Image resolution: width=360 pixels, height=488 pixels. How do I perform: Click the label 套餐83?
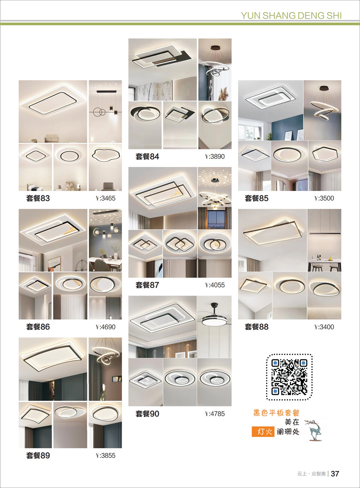point(38,198)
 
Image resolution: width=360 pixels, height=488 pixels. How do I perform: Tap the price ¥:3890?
point(214,156)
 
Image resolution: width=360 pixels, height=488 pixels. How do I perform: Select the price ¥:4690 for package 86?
point(105,327)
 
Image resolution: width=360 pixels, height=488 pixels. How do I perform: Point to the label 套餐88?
point(257,327)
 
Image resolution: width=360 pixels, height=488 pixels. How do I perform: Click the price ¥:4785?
point(214,414)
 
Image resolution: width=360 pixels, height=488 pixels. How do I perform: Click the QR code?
point(289,377)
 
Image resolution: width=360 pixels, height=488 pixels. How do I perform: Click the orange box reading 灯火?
point(263,432)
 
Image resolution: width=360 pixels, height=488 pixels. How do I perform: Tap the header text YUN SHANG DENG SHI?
point(291,16)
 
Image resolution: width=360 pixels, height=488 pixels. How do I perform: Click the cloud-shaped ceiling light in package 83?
point(106,155)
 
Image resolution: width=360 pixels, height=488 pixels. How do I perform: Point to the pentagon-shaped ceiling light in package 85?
point(325,154)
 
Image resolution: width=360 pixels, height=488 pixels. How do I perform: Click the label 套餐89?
point(38,455)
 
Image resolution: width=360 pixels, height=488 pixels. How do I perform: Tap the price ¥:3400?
point(324,327)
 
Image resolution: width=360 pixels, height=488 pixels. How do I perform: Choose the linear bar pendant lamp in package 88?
point(325,233)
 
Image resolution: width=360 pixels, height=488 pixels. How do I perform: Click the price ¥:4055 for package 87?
point(214,285)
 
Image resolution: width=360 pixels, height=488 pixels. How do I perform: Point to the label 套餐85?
point(257,198)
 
